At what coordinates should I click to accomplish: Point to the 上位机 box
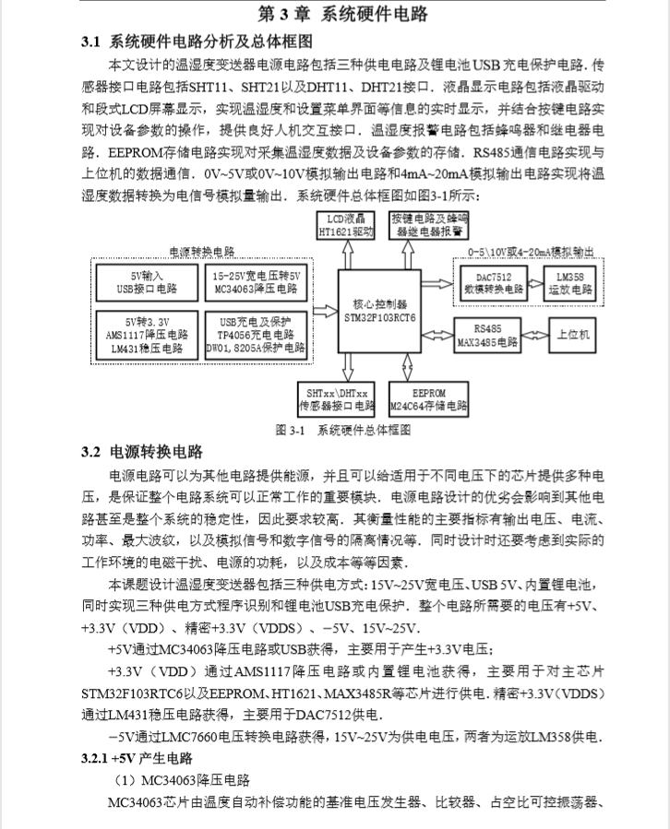[574, 333]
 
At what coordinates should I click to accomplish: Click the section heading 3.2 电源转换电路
[142, 452]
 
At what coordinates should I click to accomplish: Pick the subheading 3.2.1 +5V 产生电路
[138, 758]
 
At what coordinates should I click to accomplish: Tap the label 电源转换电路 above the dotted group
[202, 252]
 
